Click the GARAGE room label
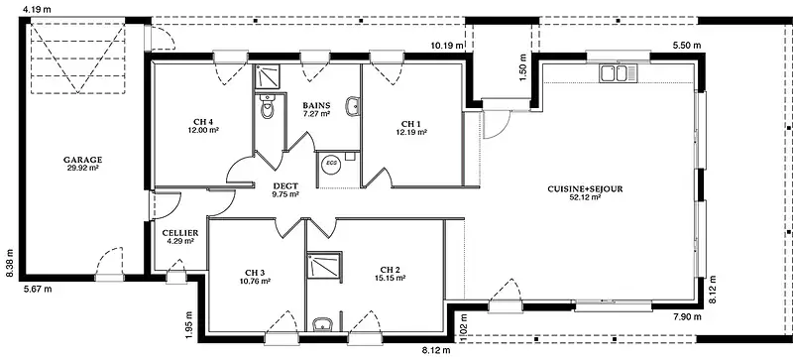tap(82, 160)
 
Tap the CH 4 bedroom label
tap(203, 122)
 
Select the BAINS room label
tap(316, 105)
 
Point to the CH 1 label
tap(411, 124)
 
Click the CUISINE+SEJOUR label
tap(585, 188)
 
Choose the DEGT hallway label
tap(285, 185)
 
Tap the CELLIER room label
tap(180, 233)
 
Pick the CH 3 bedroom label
tap(256, 272)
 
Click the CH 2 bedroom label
tap(391, 270)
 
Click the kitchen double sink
tap(619, 73)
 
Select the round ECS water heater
tap(332, 164)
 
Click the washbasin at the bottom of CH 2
tap(322, 324)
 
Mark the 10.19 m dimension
tap(447, 46)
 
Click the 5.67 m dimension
tap(38, 290)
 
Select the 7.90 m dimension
tap(687, 317)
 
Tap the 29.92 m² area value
tap(82, 168)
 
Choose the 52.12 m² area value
tap(585, 197)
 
